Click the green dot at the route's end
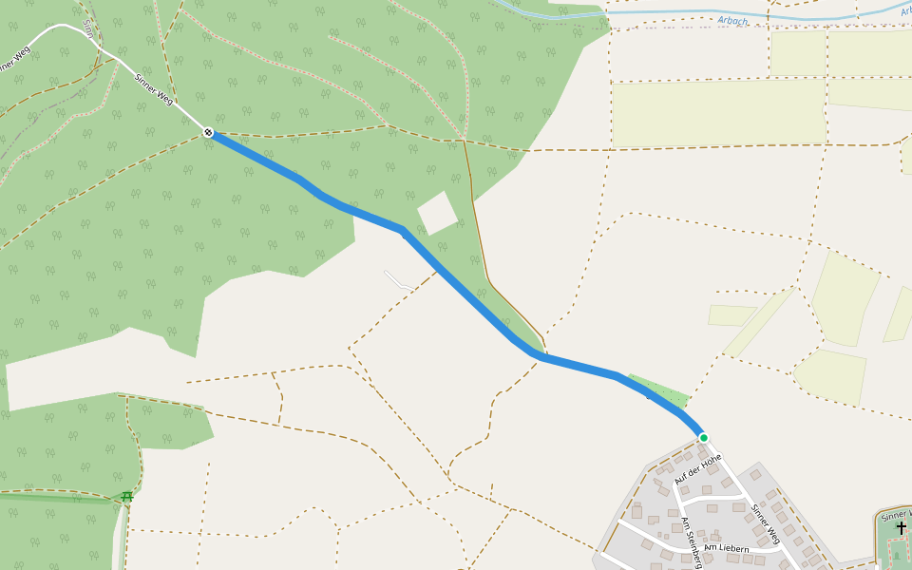point(703,438)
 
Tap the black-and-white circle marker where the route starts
point(208,133)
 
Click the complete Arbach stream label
point(732,19)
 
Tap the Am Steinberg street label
point(691,542)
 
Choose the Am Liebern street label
point(727,548)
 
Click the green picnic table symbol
point(126,496)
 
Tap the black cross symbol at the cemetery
point(901,528)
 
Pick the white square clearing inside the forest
point(437,213)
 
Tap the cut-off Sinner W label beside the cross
point(896,515)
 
